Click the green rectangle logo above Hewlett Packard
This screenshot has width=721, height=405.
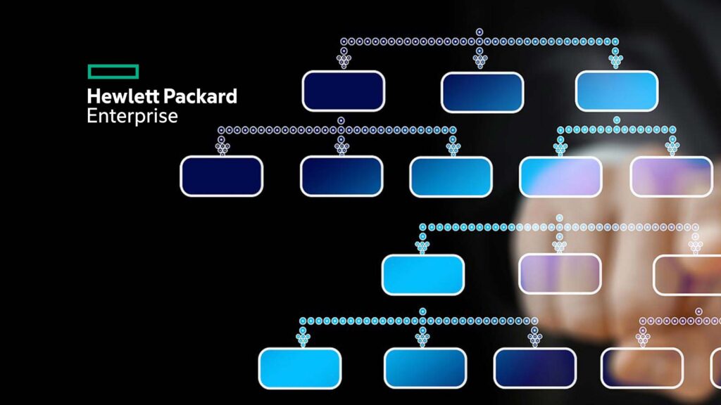click(113, 71)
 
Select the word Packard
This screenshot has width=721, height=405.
click(200, 96)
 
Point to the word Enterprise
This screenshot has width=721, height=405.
click(132, 116)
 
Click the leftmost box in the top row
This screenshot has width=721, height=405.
click(343, 91)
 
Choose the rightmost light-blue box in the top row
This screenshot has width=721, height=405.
click(617, 91)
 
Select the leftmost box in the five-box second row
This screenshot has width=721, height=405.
click(221, 176)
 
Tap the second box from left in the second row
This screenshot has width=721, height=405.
click(341, 176)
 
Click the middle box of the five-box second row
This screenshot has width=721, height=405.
click(451, 176)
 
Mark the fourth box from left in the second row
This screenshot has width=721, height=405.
click(560, 176)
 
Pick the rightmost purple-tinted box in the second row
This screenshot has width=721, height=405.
click(670, 176)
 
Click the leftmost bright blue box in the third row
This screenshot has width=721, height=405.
click(422, 274)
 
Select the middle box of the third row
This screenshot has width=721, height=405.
click(560, 274)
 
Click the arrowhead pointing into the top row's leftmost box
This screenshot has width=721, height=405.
click(343, 62)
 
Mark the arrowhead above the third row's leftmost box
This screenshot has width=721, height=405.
click(422, 246)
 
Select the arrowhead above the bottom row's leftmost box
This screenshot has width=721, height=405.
click(303, 340)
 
